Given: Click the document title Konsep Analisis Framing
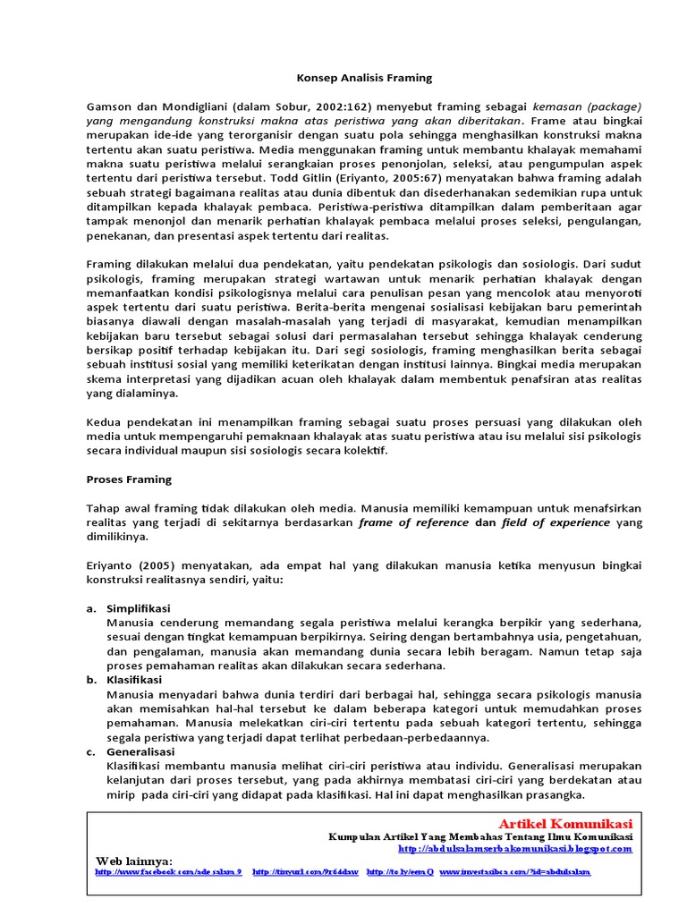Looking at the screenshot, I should click(352, 78).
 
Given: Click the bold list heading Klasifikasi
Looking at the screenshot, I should click(134, 680).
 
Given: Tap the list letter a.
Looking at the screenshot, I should click(91, 608).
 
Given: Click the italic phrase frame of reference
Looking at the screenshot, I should click(413, 523).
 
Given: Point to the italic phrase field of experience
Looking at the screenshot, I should click(556, 523).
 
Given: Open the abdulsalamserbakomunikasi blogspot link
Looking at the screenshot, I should click(514, 848).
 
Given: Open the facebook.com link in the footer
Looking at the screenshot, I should click(168, 871).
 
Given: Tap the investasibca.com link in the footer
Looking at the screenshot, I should click(514, 871).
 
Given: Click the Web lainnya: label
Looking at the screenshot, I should click(134, 860).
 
